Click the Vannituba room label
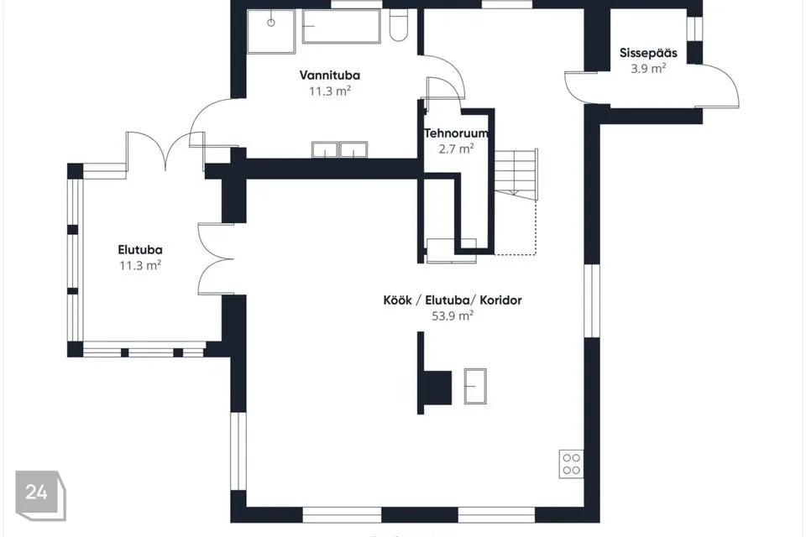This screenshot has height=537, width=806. pyautogui.click(x=330, y=76)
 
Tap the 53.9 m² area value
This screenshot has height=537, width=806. pyautogui.click(x=453, y=315)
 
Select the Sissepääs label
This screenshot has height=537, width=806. pyautogui.click(x=648, y=53)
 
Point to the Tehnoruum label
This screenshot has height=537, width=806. pyautogui.click(x=456, y=133)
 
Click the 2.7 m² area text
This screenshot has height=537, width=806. pyautogui.click(x=456, y=149)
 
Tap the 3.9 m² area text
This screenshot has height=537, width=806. pyautogui.click(x=648, y=68)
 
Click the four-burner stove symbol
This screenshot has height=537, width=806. pyautogui.click(x=571, y=463)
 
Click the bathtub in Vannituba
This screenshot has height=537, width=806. pyautogui.click(x=342, y=26)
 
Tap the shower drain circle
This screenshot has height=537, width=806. pyautogui.click(x=271, y=23)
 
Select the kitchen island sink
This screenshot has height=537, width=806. pyautogui.click(x=475, y=386)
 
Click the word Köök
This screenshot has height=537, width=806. pyautogui.click(x=397, y=300)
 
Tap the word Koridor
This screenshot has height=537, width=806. pyautogui.click(x=500, y=300)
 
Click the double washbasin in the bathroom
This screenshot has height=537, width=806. pyautogui.click(x=339, y=149)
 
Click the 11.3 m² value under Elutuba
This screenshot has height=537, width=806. pyautogui.click(x=140, y=266)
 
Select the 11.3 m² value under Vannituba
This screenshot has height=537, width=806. pyautogui.click(x=330, y=91)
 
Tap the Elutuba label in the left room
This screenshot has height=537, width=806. pyautogui.click(x=140, y=250)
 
